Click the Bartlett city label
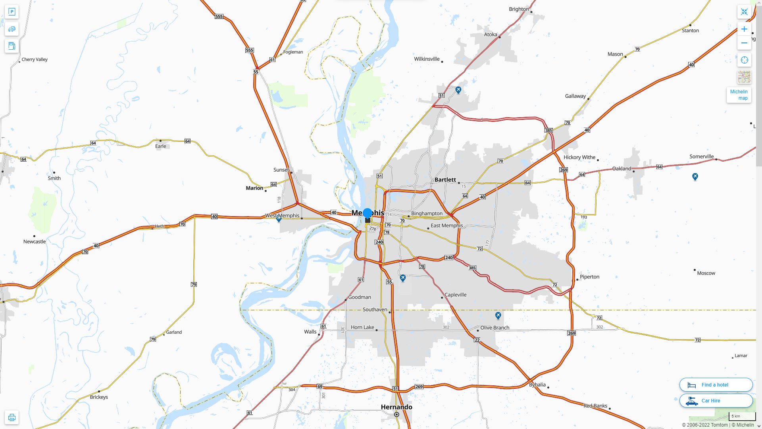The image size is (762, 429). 445,180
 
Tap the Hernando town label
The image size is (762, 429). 396,407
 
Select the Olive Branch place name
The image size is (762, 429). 495,328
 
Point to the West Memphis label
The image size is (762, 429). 282,216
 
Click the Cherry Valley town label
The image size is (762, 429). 35,60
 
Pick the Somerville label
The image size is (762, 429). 701,157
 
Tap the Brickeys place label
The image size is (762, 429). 99,397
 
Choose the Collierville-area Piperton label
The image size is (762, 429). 589,277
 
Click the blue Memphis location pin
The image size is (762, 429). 368,213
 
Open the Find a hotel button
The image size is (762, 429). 716,385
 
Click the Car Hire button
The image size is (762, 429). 716,400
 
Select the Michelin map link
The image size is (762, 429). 739,95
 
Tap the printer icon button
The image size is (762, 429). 12,417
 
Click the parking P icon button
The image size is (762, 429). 12,12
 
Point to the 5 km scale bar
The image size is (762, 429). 742,417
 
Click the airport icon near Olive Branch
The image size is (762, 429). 498,315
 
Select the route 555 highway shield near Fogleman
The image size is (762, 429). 249,50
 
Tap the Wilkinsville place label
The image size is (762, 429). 427,59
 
